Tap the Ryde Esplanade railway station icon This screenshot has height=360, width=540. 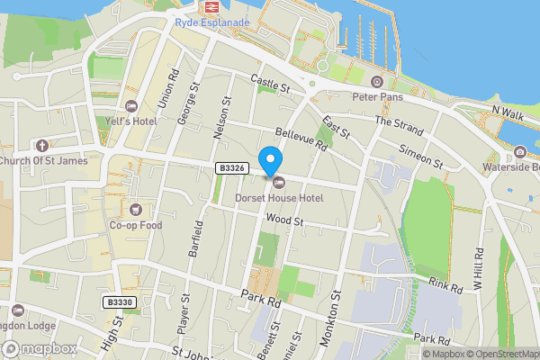click(212, 8)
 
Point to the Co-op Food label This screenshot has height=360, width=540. click(136, 225)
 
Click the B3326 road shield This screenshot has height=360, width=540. click(231, 168)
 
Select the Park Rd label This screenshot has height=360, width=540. click(262, 299)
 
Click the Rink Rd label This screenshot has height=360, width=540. click(445, 286)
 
